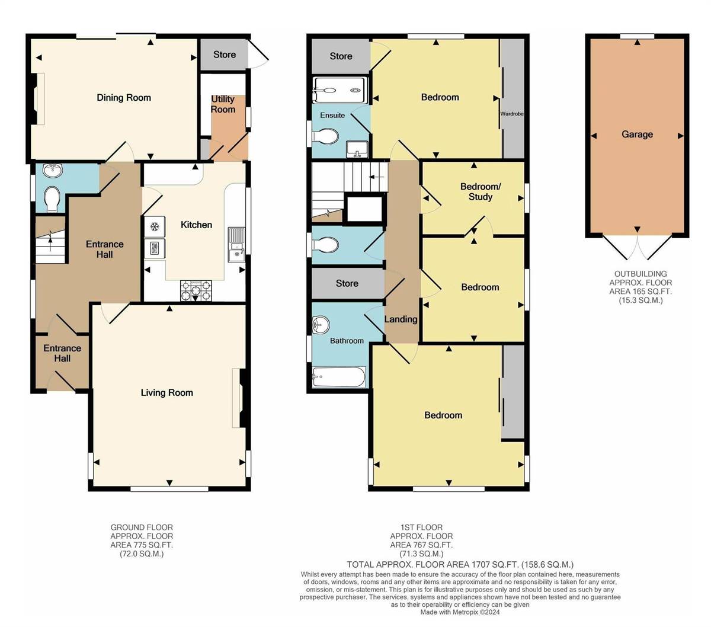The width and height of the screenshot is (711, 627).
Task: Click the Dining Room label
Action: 124,98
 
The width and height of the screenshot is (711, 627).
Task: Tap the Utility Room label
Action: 223,104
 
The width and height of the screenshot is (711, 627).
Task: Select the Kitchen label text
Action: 196,225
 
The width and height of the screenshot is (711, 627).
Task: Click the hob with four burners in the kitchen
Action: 196,290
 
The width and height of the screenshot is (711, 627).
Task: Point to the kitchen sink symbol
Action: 236,244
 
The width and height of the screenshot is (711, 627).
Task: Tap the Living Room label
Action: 166,392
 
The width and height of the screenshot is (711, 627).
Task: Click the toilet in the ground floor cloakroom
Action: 52,199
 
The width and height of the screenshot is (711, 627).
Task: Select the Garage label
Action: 637,135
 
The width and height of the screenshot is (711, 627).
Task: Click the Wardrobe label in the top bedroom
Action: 513,113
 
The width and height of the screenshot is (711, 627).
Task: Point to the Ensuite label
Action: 332,115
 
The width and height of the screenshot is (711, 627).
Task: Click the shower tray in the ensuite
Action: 340,91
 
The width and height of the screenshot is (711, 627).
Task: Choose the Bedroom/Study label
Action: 480,191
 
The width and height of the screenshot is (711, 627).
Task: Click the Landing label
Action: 401,319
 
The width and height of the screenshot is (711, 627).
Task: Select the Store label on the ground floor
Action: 225,55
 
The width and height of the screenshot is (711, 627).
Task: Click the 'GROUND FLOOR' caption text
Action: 142,527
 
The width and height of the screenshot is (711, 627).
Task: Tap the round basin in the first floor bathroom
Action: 320,324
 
